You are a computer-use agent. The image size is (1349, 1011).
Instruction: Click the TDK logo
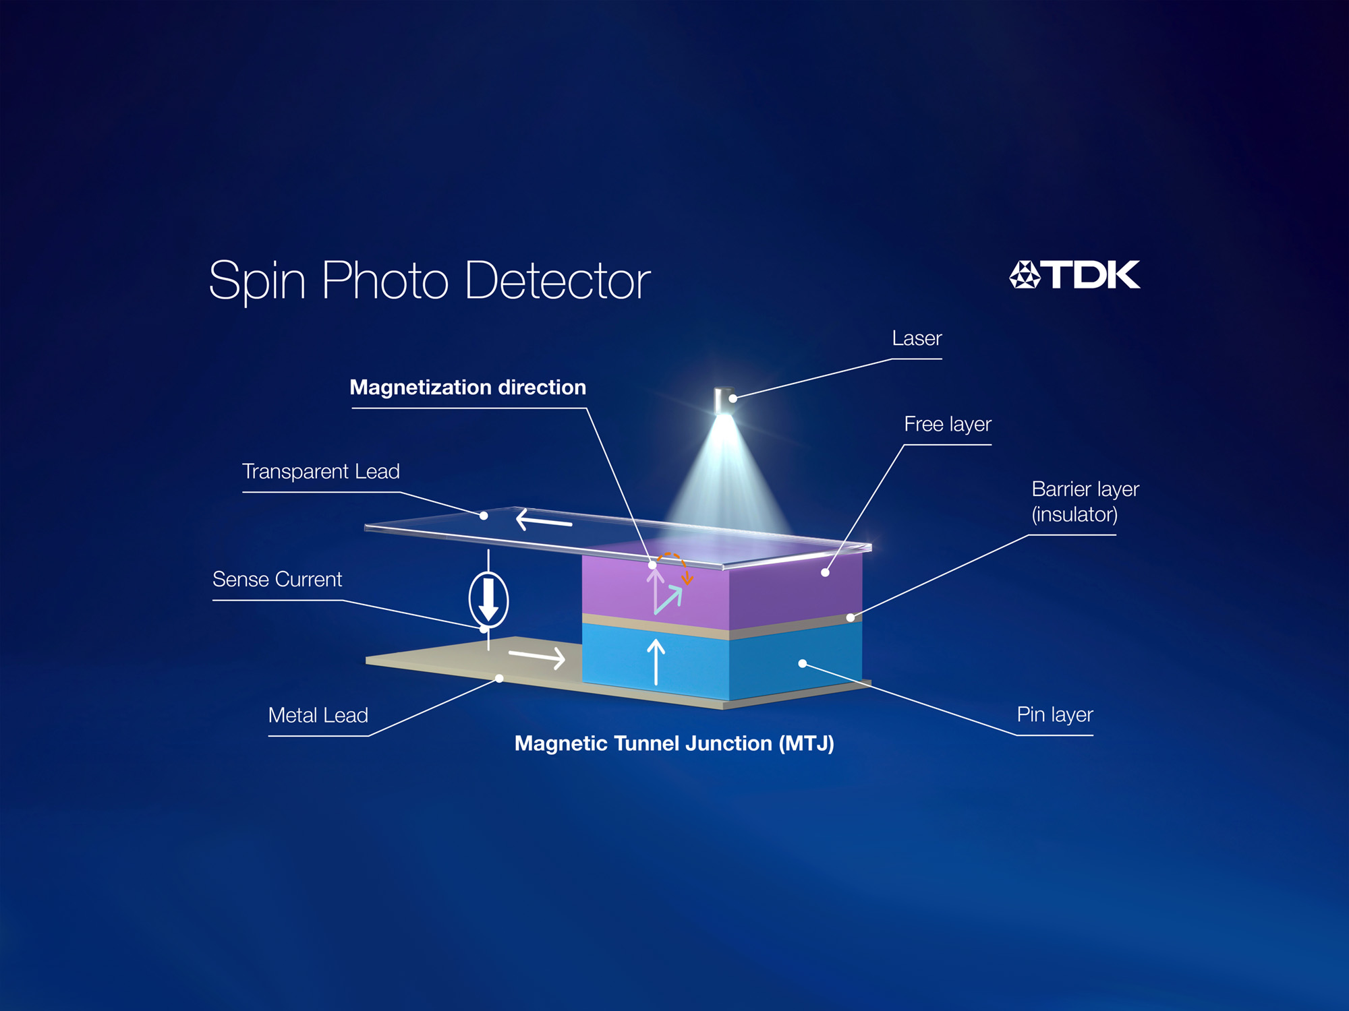pyautogui.click(x=1074, y=274)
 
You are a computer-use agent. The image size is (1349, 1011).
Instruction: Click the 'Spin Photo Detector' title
pyautogui.click(x=430, y=280)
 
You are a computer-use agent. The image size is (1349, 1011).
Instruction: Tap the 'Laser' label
pyautogui.click(x=917, y=338)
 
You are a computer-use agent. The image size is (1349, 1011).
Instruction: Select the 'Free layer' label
pyautogui.click(x=948, y=424)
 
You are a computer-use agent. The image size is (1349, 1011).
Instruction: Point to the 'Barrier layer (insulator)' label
pyautogui.click(x=1085, y=501)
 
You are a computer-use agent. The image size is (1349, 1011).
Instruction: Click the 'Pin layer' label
pyautogui.click(x=1055, y=714)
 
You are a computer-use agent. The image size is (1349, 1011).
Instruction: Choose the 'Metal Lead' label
pyautogui.click(x=318, y=715)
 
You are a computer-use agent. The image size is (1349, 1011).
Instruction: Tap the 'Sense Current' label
pyautogui.click(x=277, y=579)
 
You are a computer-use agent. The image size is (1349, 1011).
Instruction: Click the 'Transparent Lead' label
pyautogui.click(x=321, y=471)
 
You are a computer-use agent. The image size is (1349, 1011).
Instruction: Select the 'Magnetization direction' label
pyautogui.click(x=468, y=388)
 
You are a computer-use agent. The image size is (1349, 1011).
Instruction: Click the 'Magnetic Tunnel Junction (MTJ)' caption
pyautogui.click(x=674, y=743)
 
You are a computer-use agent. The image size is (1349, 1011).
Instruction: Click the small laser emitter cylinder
pyautogui.click(x=724, y=400)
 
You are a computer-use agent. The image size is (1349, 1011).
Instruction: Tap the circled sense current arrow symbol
pyautogui.click(x=488, y=599)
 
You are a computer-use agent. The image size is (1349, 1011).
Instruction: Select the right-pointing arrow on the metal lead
pyautogui.click(x=537, y=656)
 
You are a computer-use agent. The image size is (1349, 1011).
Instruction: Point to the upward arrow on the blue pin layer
pyautogui.click(x=656, y=662)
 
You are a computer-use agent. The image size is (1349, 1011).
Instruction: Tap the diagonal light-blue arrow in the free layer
pyautogui.click(x=668, y=600)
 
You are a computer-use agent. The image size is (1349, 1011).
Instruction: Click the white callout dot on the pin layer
pyautogui.click(x=803, y=664)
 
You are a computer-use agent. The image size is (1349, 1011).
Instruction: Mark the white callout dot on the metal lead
pyautogui.click(x=499, y=679)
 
